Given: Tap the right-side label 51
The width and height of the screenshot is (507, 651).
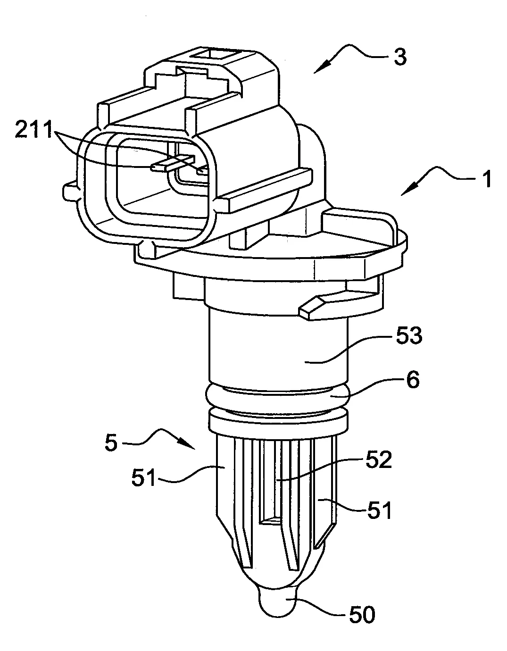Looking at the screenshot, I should pyautogui.click(x=379, y=510).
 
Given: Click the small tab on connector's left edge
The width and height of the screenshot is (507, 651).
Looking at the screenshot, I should pyautogui.click(x=69, y=191).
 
